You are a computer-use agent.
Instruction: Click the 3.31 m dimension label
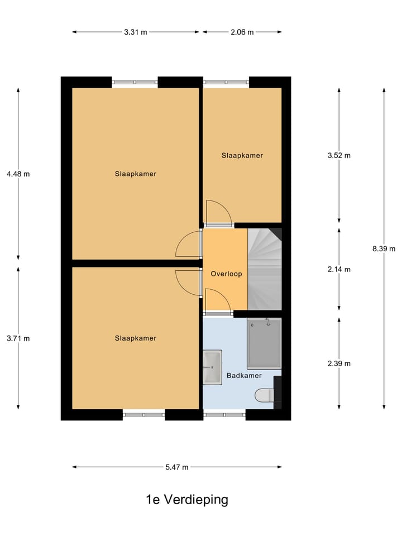[136, 32]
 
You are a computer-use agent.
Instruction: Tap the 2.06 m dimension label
[242, 32]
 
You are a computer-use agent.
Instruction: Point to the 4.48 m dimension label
[18, 174]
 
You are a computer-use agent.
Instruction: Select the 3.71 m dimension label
[18, 338]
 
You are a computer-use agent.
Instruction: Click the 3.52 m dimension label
[339, 155]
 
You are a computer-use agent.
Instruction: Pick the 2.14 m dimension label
[339, 269]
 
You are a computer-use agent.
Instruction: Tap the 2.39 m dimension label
[339, 363]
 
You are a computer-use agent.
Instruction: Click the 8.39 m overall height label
[384, 249]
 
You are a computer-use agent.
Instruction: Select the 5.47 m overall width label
[177, 467]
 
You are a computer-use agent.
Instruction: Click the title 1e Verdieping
[187, 499]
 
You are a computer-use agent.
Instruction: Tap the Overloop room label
[224, 274]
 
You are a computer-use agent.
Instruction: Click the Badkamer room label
[244, 376]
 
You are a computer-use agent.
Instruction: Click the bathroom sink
[212, 367]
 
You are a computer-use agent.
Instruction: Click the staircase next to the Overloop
[265, 269]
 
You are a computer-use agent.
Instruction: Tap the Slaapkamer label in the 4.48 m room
[136, 174]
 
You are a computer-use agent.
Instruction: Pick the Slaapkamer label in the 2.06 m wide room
[242, 155]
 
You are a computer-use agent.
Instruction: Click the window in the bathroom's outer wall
[224, 415]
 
